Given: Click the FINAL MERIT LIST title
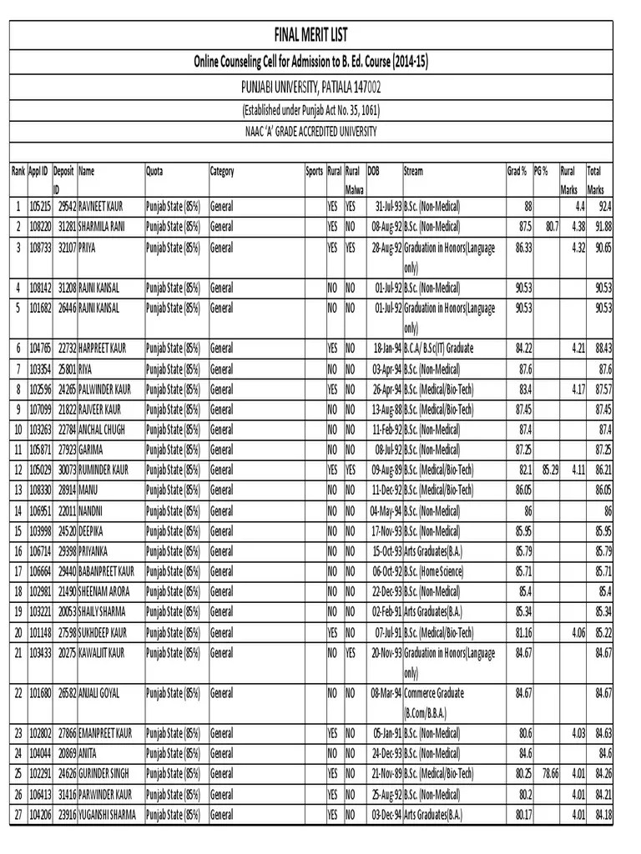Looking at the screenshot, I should (310, 35).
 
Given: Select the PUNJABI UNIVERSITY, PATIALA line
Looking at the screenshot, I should (310, 86).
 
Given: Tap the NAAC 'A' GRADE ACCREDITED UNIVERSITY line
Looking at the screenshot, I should (310, 132).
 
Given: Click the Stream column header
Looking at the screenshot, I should (413, 172).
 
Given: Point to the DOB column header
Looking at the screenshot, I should (373, 172).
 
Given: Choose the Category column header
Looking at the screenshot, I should (223, 172).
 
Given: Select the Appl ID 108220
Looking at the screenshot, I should (39, 226).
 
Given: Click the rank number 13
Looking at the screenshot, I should (18, 491).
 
